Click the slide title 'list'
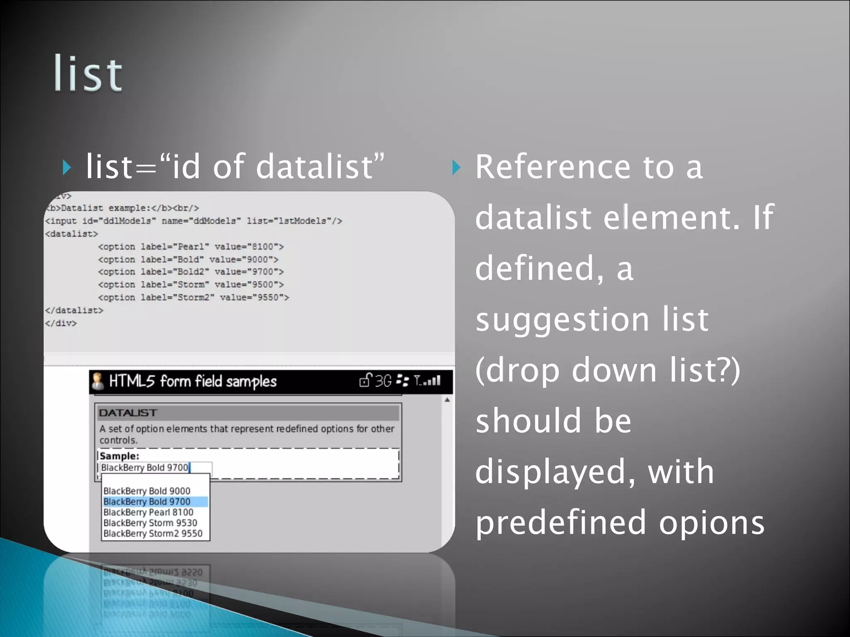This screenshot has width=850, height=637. pos(88,74)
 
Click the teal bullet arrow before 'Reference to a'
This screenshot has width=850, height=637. pos(456,168)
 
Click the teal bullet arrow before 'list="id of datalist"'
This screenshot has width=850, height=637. pos(66,168)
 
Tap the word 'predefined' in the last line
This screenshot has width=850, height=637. pos(561,523)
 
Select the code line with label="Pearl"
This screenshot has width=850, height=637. pos(191,247)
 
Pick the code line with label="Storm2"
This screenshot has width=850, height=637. pos(193,297)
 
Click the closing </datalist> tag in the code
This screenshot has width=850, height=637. pos(74,310)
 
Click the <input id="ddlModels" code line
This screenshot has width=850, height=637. pos(193,221)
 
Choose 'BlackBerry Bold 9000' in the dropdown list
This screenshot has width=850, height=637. pos(147,491)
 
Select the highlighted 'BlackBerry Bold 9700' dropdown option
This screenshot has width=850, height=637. pos(147,502)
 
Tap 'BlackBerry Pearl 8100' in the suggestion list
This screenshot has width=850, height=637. pos(149,513)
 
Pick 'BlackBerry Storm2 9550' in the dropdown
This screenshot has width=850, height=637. pos(153,534)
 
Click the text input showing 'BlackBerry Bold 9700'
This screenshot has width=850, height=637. pos(156,468)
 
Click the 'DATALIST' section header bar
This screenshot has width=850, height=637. pos(248,413)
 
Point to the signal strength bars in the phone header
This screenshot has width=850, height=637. pos(432,381)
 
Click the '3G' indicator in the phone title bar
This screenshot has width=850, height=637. pos(383,381)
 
